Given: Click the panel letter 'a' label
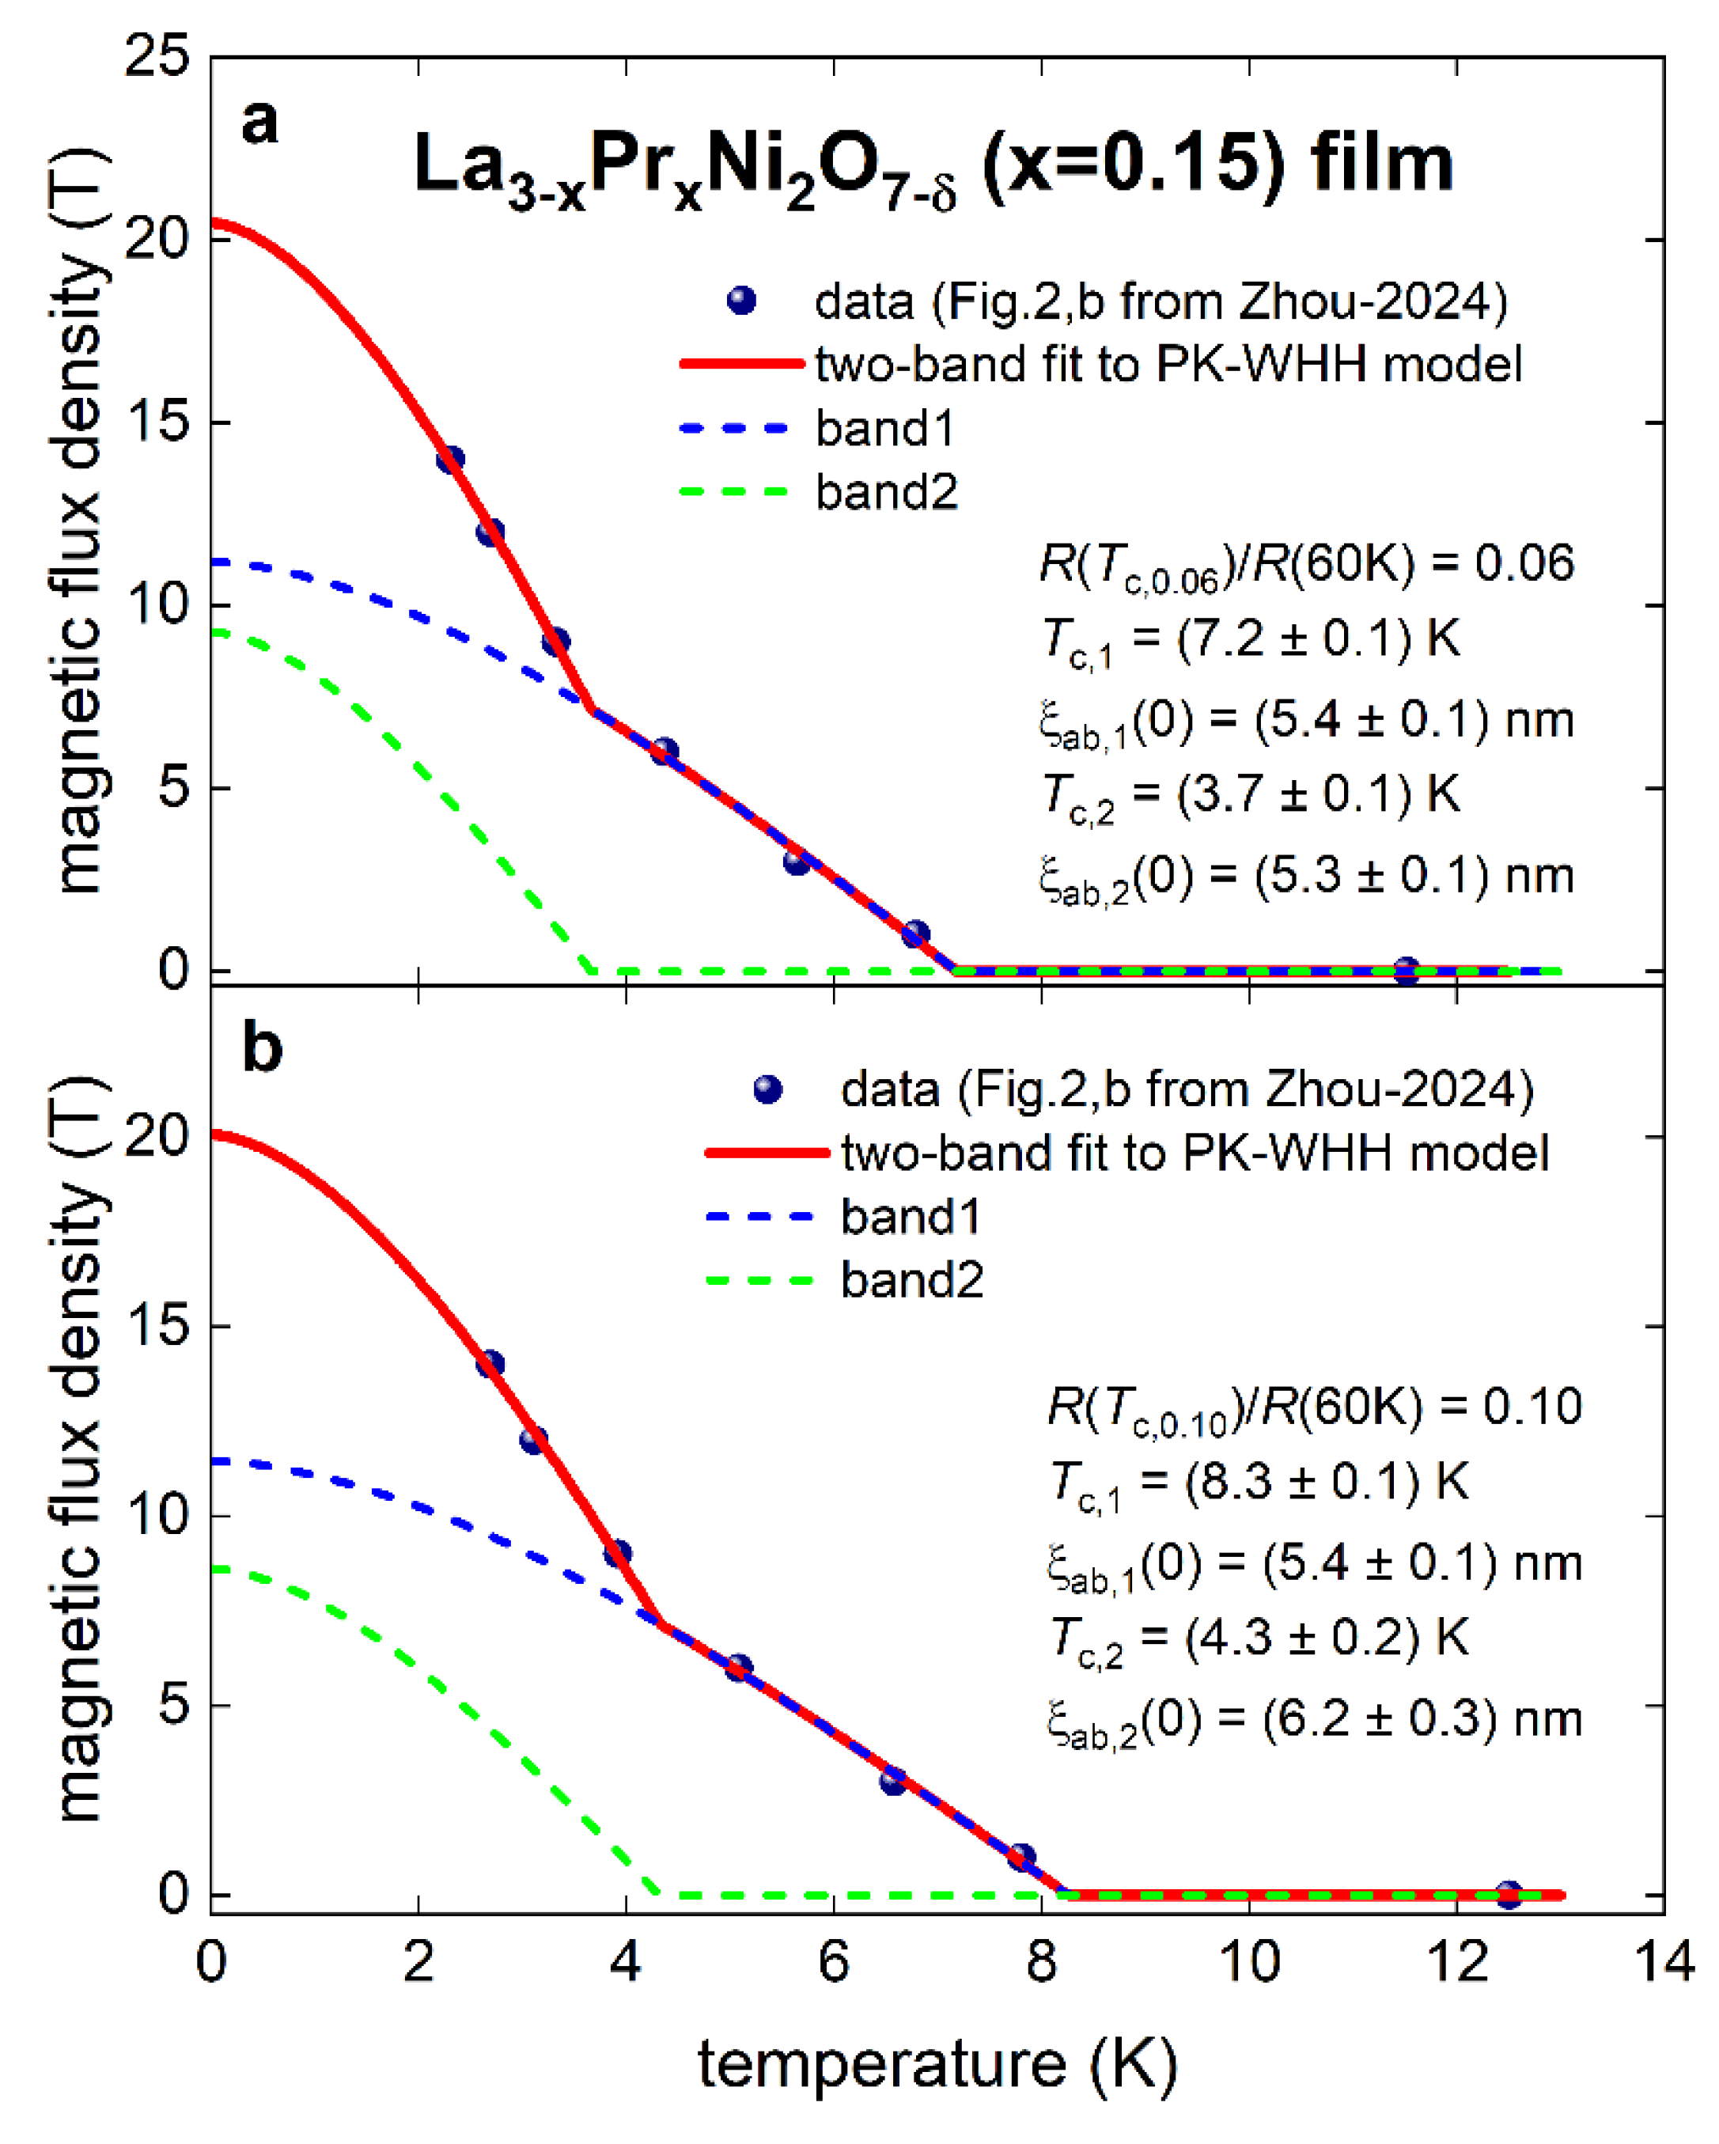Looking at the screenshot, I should tap(259, 124).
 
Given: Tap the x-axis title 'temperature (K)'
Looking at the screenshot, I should tap(937, 2063).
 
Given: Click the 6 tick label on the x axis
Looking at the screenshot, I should tap(833, 1963).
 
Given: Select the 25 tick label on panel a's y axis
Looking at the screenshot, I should tap(157, 57).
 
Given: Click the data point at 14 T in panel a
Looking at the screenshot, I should tap(450, 460).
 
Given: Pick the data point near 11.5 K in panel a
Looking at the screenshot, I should tap(1405, 971).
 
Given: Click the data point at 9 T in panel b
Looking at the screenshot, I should tap(617, 1553).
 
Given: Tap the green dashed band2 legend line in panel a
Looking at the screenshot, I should tap(734, 491).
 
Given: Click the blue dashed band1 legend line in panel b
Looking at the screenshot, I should tap(759, 1216).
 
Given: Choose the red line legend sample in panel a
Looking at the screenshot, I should tap(740, 364).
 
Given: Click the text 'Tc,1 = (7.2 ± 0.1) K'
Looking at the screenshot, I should tap(1251, 638).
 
